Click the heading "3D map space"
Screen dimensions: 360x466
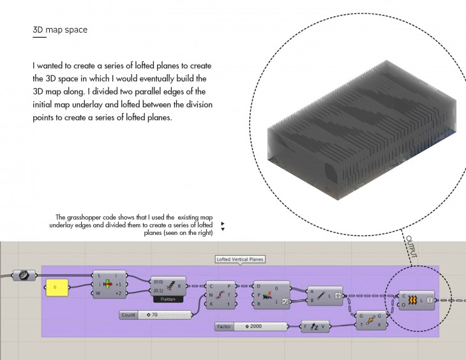pyautogui.click(x=60, y=30)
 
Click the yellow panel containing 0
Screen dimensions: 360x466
pyautogui.click(x=56, y=288)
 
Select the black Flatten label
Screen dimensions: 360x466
pyautogui.click(x=169, y=299)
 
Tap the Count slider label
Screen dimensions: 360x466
pyautogui.click(x=128, y=314)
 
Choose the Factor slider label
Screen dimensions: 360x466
pyautogui.click(x=223, y=327)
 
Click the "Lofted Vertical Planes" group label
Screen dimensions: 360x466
pyautogui.click(x=239, y=259)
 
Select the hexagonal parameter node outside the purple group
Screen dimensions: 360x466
pyautogui.click(x=22, y=274)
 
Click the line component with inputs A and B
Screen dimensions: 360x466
pyautogui.click(x=326, y=295)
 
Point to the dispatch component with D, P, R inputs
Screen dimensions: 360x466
pyautogui.click(x=271, y=295)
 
